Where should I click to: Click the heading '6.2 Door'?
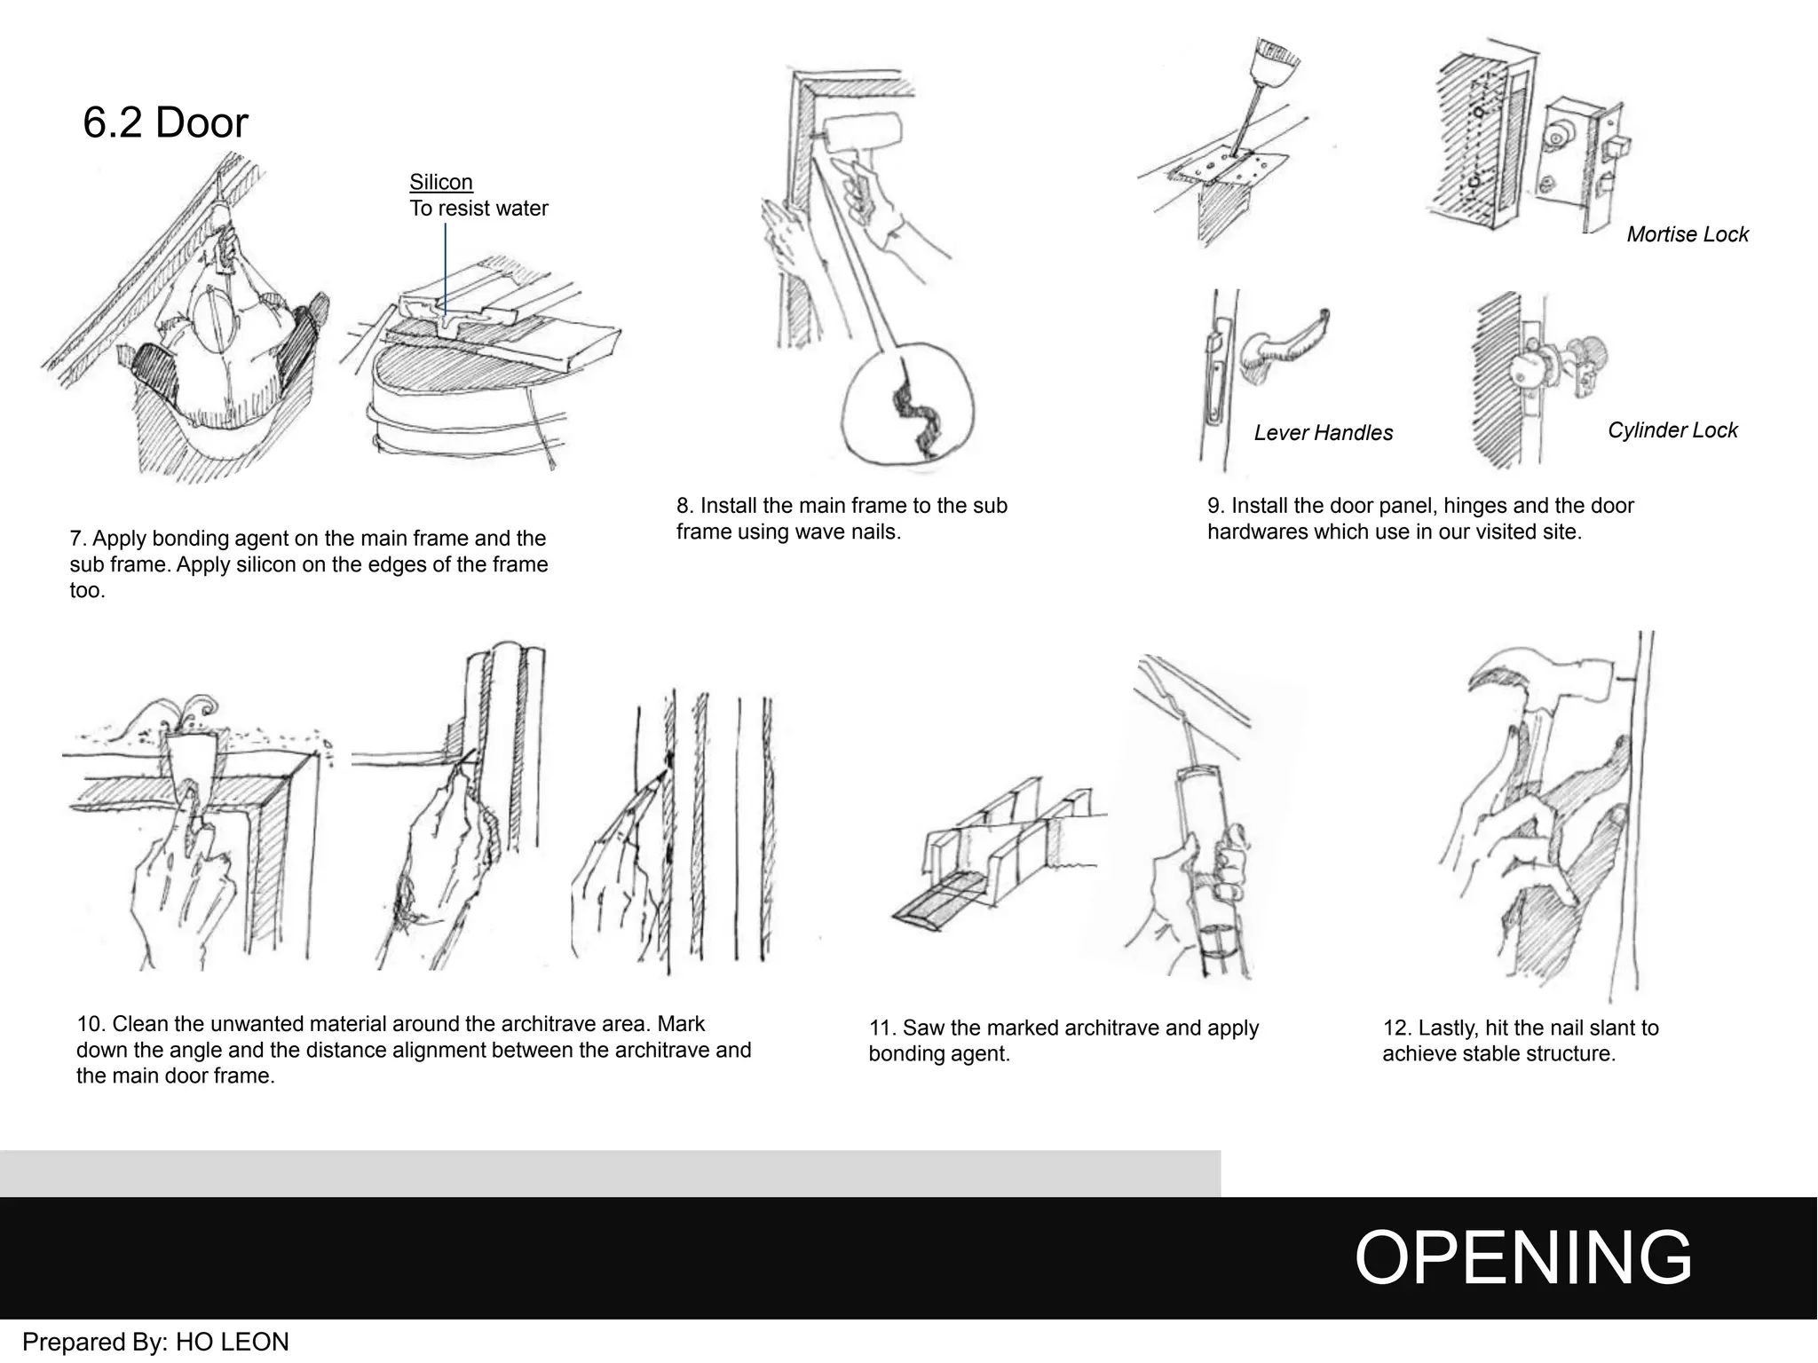click(x=165, y=122)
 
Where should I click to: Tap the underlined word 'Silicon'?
click(x=440, y=182)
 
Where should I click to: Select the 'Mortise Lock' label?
click(x=1687, y=234)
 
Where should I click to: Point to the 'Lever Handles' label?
click(x=1323, y=433)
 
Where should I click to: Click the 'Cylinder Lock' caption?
click(x=1672, y=430)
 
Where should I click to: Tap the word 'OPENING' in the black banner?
click(x=1522, y=1257)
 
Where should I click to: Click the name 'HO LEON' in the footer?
click(x=233, y=1342)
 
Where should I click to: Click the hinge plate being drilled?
click(x=1229, y=169)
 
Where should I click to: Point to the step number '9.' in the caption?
click(x=1216, y=506)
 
